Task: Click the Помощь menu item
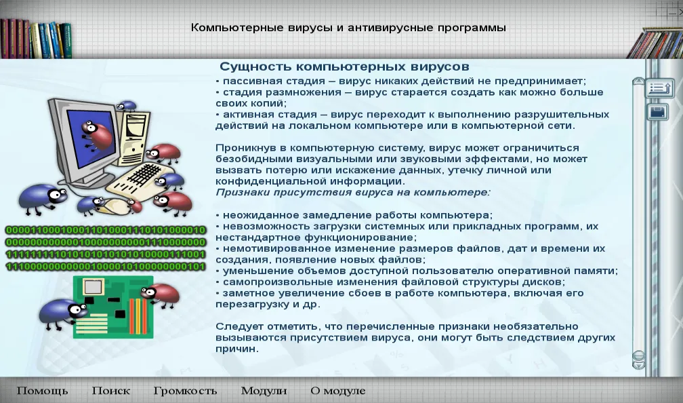[42, 391]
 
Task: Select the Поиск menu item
[111, 391]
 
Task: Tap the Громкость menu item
[185, 391]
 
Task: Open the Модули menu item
[264, 391]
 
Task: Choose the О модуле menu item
[338, 391]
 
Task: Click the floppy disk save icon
[658, 113]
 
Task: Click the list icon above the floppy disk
[659, 88]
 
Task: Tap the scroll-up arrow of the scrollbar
[638, 81]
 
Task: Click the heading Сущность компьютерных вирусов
[344, 66]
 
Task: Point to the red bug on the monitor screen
[97, 135]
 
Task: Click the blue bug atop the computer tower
[127, 106]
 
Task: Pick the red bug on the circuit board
[161, 294]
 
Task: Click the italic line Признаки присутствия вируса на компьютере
[353, 193]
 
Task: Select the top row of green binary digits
[106, 230]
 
